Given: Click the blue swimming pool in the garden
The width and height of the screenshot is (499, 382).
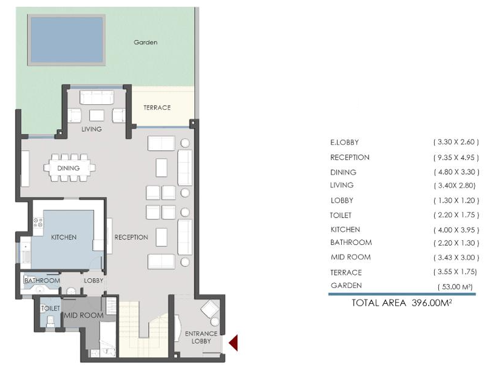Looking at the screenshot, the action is point(67,40).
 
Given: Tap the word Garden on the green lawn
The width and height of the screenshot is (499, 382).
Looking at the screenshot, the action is point(146,42).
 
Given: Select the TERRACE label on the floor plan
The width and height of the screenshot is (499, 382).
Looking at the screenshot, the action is point(157,108).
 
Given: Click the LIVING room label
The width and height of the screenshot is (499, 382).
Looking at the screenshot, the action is point(92,129).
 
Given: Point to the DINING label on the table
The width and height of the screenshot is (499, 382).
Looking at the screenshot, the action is point(69,168).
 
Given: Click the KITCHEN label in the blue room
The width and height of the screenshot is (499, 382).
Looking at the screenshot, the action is point(64,238).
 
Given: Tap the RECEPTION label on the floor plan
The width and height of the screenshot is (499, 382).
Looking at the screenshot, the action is point(131,238).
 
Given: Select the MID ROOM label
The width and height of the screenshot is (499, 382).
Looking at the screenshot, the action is point(84,315).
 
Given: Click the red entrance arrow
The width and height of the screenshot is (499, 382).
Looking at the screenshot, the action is point(233,343).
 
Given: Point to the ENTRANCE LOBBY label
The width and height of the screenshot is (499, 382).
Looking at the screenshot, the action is point(201,337).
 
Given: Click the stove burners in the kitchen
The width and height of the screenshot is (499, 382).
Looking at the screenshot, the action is point(38,222).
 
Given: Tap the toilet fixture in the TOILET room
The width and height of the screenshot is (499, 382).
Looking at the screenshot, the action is point(50,321).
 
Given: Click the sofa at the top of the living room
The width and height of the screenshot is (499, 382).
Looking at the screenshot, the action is point(97,97).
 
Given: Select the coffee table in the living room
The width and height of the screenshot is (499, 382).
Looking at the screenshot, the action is point(97,115).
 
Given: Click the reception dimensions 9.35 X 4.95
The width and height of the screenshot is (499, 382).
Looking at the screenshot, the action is point(456,158).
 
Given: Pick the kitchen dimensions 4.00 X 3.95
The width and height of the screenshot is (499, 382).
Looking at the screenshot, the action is point(456,230).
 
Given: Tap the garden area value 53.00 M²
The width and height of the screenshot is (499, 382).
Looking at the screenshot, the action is point(455,287).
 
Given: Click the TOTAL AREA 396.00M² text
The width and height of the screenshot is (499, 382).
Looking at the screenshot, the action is point(402,303).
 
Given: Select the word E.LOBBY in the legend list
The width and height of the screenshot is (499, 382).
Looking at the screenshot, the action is point(344,142).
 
